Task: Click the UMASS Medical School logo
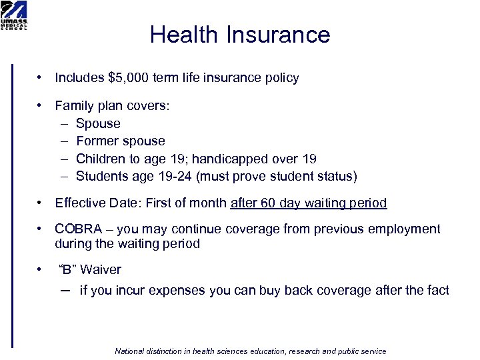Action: click(14, 15)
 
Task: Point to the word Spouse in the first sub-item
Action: click(98, 124)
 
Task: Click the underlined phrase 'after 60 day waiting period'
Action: click(308, 203)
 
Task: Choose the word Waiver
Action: click(101, 270)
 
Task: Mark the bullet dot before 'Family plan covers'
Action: click(41, 106)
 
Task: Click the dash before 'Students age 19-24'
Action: click(63, 177)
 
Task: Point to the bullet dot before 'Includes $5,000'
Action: click(41, 78)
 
